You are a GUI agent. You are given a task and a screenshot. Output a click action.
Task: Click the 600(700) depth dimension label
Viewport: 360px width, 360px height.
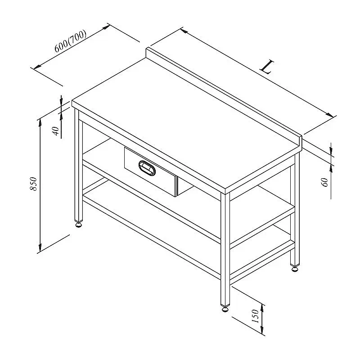[x=71, y=41]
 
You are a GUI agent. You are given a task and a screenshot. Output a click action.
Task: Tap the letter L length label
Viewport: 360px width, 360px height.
[x=267, y=67]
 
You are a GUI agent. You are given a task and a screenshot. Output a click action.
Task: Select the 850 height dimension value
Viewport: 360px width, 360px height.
[x=33, y=184]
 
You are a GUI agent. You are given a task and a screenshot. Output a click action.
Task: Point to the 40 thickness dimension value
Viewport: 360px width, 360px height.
[x=56, y=131]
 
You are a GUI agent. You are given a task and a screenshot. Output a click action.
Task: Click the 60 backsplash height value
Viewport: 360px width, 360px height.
[x=325, y=182]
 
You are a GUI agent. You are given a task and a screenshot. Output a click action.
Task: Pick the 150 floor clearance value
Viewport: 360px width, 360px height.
[x=255, y=316]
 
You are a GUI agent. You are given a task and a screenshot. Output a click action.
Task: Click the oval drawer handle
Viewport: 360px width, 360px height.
[x=147, y=168]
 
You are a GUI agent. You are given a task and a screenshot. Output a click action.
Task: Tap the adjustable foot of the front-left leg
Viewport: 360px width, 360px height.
[x=78, y=224]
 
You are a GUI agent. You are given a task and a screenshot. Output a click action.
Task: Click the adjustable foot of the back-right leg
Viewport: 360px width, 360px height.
[x=295, y=268]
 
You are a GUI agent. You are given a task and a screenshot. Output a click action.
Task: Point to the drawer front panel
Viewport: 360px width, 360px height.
[x=150, y=171]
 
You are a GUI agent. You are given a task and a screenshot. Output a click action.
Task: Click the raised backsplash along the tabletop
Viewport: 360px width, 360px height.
[x=224, y=96]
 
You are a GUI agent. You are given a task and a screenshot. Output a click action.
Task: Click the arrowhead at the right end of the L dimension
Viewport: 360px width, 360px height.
[x=330, y=115]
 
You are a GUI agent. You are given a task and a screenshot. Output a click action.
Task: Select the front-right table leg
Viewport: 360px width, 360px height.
[x=225, y=249]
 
